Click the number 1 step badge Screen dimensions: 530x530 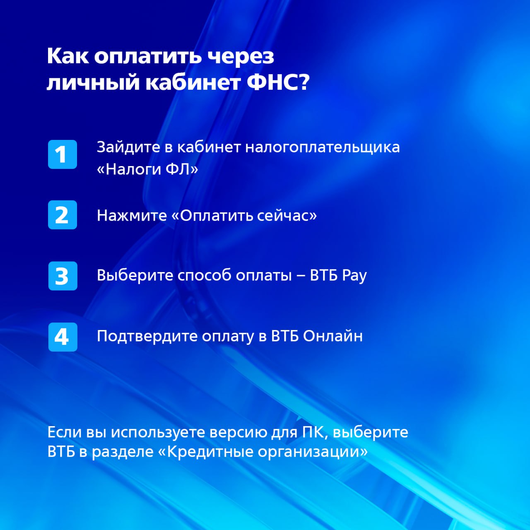tap(63, 154)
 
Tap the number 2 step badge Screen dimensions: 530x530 tap(63, 215)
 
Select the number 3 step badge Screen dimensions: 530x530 tap(63, 276)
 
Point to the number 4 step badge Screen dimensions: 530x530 tap(63, 337)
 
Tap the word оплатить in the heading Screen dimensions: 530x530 tap(148, 56)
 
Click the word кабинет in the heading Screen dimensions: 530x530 tap(193, 82)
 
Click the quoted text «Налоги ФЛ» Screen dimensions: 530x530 tap(147, 169)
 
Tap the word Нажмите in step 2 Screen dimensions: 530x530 tap(132, 215)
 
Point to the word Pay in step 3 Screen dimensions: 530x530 tap(354, 276)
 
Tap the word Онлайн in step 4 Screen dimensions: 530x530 tap(333, 336)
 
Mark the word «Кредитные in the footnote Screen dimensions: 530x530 tap(206, 452)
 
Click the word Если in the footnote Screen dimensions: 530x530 tap(64, 432)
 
